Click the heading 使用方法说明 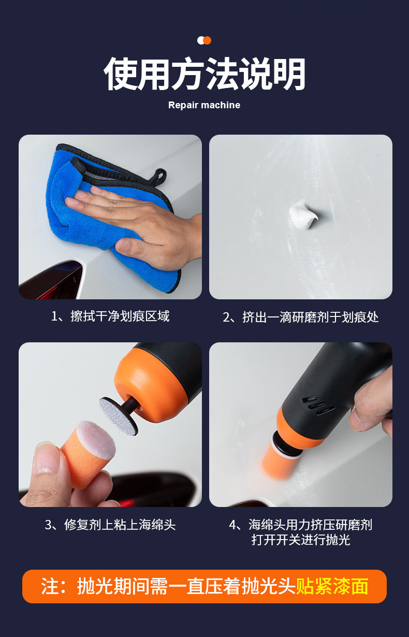[204, 74]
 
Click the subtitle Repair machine [204, 105]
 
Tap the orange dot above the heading [208, 40]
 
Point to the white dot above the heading [200, 40]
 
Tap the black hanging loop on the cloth [159, 176]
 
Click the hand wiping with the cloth [137, 225]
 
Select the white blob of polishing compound [303, 214]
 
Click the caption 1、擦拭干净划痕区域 [110, 316]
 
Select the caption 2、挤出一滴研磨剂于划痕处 [300, 317]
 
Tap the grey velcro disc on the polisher [118, 416]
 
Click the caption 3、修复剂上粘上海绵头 [110, 525]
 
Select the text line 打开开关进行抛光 [300, 540]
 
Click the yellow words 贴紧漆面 [332, 586]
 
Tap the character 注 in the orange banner [50, 586]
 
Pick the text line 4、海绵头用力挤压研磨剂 [300, 525]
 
